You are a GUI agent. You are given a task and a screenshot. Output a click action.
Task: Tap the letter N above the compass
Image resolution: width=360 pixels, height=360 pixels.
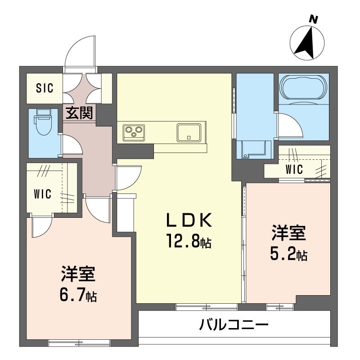click(x=314, y=19)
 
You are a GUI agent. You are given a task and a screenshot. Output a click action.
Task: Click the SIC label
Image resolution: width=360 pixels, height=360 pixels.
click(x=45, y=87)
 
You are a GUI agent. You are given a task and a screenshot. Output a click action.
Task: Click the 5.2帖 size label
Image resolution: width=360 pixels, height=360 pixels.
click(x=288, y=255)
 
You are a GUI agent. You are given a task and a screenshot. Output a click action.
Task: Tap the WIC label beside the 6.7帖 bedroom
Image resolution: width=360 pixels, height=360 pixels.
click(x=42, y=194)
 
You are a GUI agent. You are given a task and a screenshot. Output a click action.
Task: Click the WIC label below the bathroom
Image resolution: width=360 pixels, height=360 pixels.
click(x=294, y=170)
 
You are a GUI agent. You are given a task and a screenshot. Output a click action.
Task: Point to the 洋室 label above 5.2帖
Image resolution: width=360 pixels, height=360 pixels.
click(x=288, y=234)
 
